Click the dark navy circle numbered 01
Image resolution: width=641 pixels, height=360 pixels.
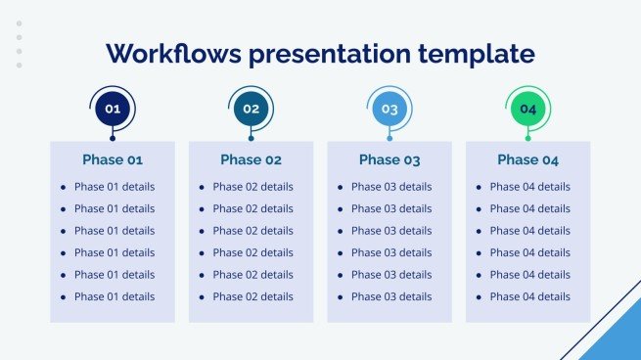(x=113, y=109)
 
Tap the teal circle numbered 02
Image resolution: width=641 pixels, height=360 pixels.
(x=252, y=109)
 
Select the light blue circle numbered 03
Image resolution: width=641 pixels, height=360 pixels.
(x=389, y=109)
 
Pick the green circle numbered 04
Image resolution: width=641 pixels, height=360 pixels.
(x=528, y=109)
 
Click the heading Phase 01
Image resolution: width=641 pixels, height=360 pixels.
(x=113, y=159)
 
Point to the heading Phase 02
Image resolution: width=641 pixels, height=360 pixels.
(x=252, y=159)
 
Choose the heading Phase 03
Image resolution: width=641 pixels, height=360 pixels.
(x=389, y=159)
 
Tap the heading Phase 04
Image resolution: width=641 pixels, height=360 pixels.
(x=528, y=159)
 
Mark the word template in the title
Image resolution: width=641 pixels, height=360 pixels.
(x=485, y=55)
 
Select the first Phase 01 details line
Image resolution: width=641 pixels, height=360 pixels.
(x=114, y=186)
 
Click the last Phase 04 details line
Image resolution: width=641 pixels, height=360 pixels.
(x=529, y=296)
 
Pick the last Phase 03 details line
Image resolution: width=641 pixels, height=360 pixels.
(x=390, y=296)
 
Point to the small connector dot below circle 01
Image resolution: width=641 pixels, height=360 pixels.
(x=113, y=138)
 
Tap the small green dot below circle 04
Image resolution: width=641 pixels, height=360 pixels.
(x=528, y=138)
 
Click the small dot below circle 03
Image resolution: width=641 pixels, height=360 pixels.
(x=389, y=138)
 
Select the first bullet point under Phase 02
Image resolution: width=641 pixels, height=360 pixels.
(x=202, y=187)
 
